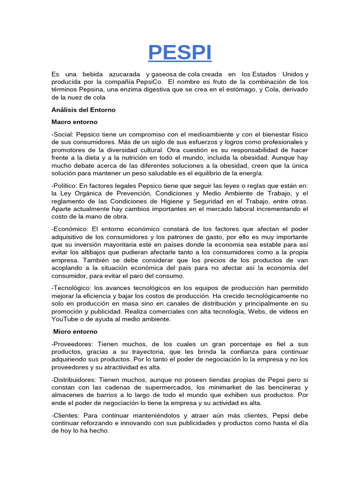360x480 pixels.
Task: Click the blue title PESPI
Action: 180,52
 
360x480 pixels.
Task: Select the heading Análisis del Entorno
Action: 83,110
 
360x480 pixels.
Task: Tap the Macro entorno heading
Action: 74,122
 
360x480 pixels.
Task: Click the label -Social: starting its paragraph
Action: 63,135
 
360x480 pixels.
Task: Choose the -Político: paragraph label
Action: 65,186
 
